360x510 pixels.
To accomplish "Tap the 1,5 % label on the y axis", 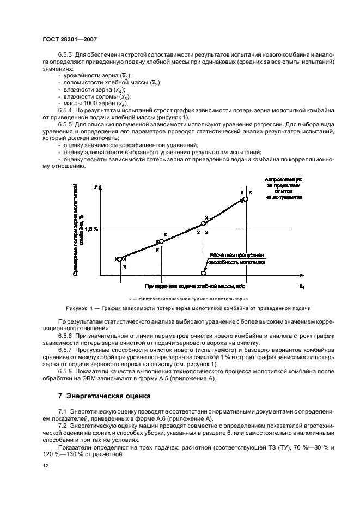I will coord(91,229).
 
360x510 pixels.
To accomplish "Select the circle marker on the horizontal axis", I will coord(204,274).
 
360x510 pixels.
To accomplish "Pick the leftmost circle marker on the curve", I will coord(120,259).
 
